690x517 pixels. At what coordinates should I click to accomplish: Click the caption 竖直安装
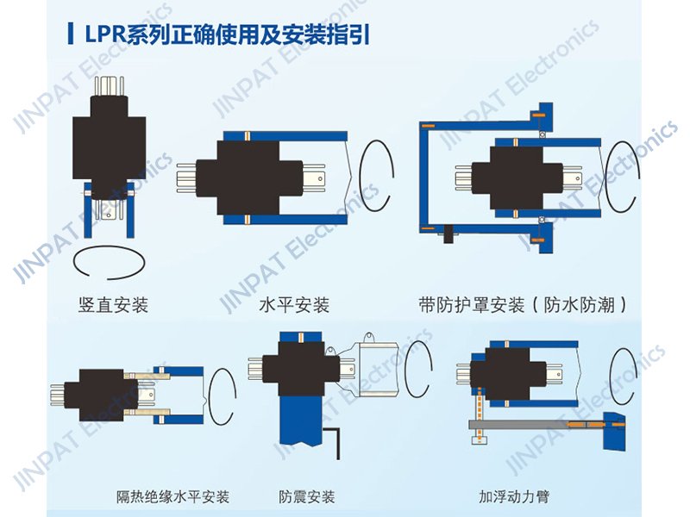pos(113,305)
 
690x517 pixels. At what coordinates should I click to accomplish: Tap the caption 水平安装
pos(294,305)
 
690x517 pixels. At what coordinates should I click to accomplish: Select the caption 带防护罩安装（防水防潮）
pos(523,305)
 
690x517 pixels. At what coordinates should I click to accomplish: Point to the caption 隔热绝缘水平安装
pos(172,497)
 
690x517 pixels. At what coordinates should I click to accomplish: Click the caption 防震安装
pos(307,497)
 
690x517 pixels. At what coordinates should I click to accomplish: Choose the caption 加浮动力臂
pos(514,497)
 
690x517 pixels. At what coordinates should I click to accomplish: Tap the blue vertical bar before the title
pos(71,34)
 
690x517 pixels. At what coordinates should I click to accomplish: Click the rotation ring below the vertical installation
pos(109,263)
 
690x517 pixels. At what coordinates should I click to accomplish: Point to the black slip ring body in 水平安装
pos(248,178)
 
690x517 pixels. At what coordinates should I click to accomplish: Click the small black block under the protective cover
pos(448,234)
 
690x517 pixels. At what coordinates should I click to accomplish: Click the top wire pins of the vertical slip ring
pos(110,87)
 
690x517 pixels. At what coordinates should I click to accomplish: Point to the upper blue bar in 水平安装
pos(285,136)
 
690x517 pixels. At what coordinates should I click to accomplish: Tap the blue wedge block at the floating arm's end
pos(614,432)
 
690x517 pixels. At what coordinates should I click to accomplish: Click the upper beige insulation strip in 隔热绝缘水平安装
pos(147,376)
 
